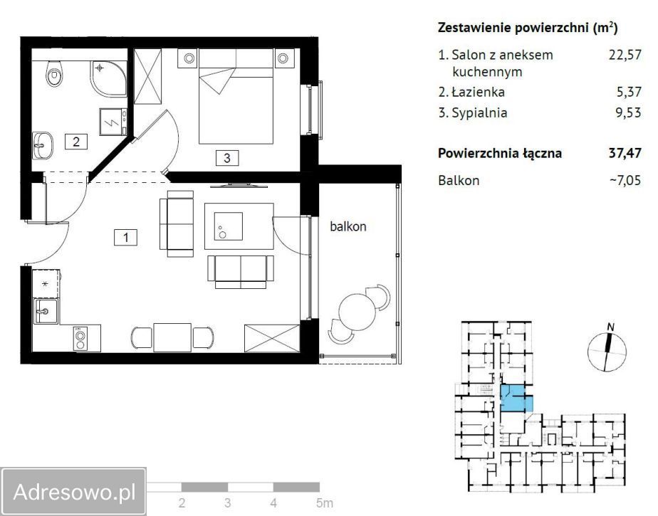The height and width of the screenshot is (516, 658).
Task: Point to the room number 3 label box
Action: click(x=226, y=158)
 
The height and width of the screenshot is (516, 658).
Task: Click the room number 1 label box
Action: click(x=125, y=238)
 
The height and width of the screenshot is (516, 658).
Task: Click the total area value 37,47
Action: click(x=624, y=152)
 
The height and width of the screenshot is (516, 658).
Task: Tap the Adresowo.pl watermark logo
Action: click(x=74, y=491)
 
